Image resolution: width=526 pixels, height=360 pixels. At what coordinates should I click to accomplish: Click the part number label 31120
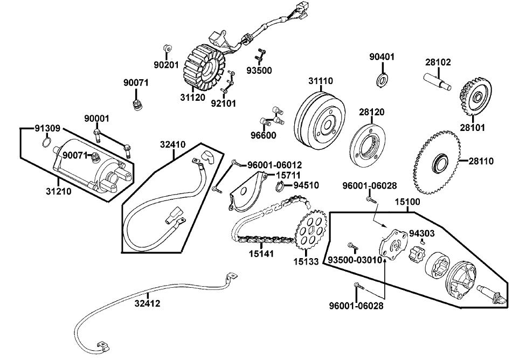[192, 98]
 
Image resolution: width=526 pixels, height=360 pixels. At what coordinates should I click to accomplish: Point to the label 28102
[438, 63]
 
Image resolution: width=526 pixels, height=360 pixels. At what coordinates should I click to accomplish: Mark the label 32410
[172, 144]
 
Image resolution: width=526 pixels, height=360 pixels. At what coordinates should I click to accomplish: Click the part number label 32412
[147, 303]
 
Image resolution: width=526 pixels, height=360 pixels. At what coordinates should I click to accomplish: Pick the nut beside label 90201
[167, 50]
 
